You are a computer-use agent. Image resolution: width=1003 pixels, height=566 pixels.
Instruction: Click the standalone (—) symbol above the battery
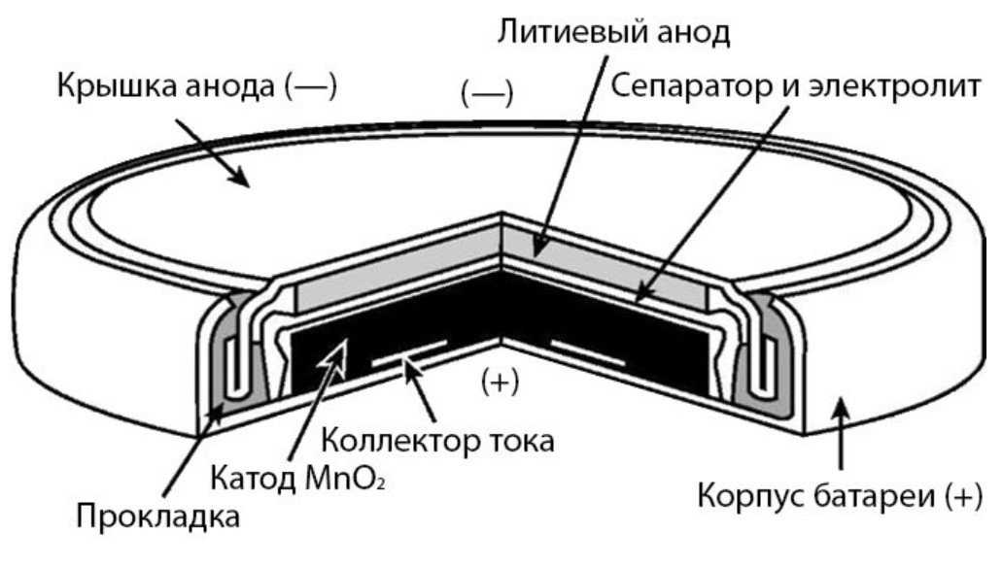pos(487,93)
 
